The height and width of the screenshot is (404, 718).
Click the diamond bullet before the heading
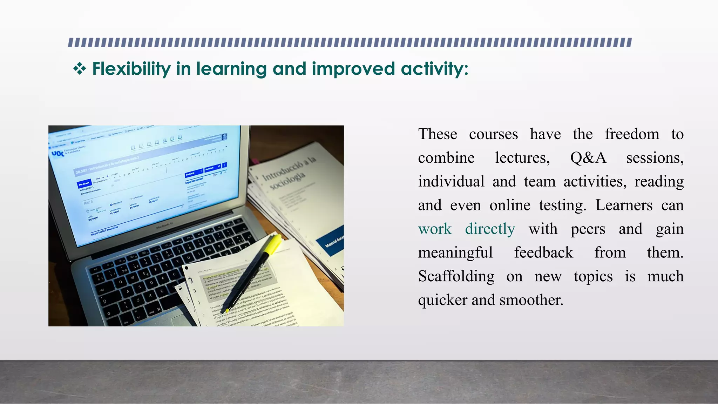pos(80,68)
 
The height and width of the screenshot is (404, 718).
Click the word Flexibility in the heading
pos(131,69)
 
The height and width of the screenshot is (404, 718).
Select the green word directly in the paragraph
pos(490,229)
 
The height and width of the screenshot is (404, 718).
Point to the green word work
pos(435,229)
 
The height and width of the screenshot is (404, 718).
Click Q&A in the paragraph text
pos(588,158)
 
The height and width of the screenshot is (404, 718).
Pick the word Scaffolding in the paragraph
pos(456,276)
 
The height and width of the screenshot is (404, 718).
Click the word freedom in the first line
pos(632,134)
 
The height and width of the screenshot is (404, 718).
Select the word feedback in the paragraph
pos(543,252)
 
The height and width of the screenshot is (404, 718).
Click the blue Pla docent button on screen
pos(84,183)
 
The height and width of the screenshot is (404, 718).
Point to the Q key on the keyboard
pos(120,282)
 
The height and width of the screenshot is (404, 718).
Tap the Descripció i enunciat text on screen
pos(104,230)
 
